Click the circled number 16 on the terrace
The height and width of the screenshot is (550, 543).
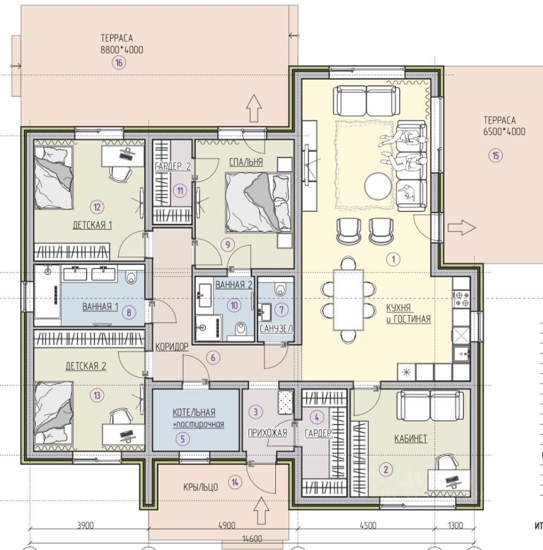(x=119, y=63)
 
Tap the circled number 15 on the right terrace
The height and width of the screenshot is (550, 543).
(x=495, y=155)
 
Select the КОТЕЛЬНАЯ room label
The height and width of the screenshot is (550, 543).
(x=194, y=412)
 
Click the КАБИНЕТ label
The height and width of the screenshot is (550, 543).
(x=411, y=439)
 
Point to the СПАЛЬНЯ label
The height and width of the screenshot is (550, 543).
(x=246, y=162)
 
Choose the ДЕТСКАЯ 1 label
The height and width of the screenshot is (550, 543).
(x=92, y=225)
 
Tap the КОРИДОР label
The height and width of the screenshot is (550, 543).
(x=172, y=347)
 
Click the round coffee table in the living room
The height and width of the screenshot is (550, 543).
(x=378, y=186)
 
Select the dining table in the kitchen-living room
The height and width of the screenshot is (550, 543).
(x=349, y=300)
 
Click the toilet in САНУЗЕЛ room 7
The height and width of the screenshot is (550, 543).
(x=280, y=289)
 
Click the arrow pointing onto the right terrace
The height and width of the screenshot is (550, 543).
(x=462, y=227)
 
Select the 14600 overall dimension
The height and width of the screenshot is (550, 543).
(x=252, y=539)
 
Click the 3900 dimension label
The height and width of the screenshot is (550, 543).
(x=85, y=525)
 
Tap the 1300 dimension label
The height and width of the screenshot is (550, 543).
(x=456, y=525)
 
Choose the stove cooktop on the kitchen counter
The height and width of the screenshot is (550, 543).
(x=462, y=299)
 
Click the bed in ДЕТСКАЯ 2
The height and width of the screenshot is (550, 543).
(x=54, y=414)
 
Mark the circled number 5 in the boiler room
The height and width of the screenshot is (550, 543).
(x=182, y=438)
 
